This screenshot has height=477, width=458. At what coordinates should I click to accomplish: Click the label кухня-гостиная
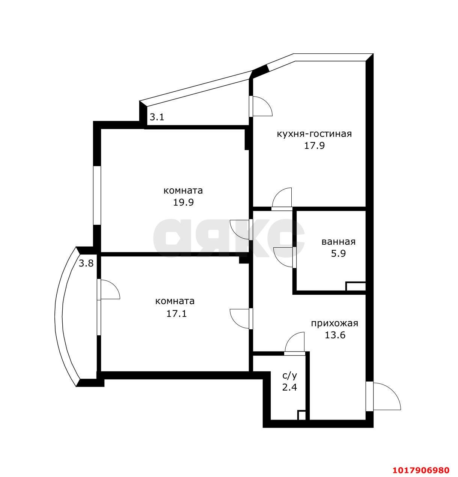click(314, 134)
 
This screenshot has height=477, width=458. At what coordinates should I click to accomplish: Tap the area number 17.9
click(314, 145)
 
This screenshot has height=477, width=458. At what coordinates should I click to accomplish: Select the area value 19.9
click(183, 202)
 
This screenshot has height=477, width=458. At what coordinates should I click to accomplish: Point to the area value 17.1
click(176, 313)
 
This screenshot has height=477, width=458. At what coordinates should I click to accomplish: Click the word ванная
click(338, 242)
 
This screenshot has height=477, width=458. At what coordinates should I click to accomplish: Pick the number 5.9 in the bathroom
click(338, 253)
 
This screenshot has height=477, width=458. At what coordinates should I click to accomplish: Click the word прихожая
click(334, 323)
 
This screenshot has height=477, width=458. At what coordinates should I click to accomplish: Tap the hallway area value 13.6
click(335, 335)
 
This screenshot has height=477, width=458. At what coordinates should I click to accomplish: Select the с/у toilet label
click(289, 376)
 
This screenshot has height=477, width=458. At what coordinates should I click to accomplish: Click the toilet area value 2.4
click(289, 387)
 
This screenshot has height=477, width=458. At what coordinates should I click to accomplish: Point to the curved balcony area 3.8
click(86, 263)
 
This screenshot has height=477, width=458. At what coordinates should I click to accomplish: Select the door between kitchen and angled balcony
click(260, 106)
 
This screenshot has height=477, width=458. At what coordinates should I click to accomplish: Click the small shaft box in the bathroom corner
click(356, 286)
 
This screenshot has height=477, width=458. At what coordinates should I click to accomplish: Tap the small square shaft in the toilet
click(301, 415)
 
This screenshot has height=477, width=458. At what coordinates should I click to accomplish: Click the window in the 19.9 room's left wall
click(97, 195)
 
